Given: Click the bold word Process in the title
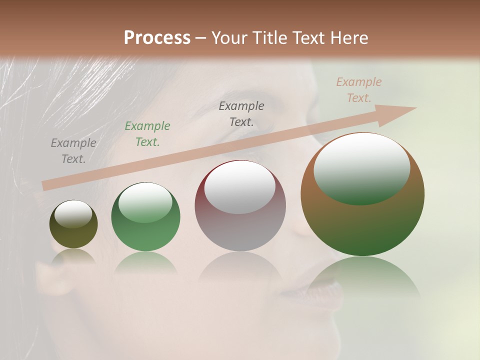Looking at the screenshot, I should [157, 38].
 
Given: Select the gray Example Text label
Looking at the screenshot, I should [73, 151].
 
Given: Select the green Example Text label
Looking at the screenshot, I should [147, 134].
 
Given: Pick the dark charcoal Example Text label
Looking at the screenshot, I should [241, 113].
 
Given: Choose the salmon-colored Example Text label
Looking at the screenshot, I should [359, 90].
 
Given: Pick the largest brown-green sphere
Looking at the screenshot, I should [362, 225].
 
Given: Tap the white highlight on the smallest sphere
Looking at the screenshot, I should [73, 214].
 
